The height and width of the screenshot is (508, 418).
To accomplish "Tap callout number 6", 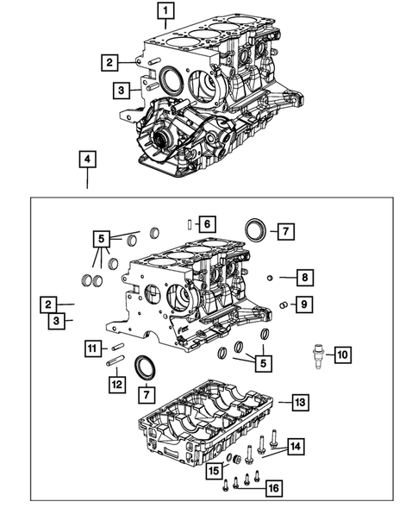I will tap(206, 224).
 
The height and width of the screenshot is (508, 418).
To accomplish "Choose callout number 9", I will tap(303, 304).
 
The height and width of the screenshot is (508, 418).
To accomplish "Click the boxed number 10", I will tap(342, 354).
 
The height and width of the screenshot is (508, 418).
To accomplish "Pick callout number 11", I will tap(92, 348).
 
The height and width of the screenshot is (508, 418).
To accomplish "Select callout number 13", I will tap(297, 402).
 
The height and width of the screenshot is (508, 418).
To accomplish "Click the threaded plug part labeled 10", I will tap(317, 354).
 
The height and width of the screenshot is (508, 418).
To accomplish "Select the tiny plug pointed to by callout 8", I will tap(270, 278).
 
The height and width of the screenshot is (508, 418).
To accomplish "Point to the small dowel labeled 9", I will tap(283, 304).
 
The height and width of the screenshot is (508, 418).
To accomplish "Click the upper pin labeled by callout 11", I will tap(119, 348).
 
